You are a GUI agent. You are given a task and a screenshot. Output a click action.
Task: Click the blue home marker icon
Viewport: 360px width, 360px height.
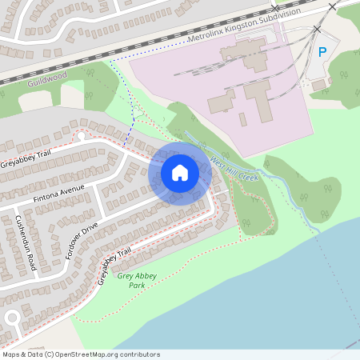click(180, 172)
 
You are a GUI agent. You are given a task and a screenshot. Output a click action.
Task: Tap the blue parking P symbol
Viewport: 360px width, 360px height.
click(322, 52)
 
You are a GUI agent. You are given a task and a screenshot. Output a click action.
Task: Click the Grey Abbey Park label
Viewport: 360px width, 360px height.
click(138, 280)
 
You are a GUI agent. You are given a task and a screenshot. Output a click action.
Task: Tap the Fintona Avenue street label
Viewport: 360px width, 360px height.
click(58, 194)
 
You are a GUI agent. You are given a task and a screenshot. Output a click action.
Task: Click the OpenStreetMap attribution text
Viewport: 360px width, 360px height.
click(80, 354)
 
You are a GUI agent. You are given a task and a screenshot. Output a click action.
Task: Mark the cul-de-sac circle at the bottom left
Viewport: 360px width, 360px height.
click(12, 318)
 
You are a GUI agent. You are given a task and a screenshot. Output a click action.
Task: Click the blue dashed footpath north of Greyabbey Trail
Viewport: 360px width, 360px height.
click(130, 120)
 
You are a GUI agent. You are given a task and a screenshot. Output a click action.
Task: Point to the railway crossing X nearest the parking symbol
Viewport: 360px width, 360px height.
click(318, 29)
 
